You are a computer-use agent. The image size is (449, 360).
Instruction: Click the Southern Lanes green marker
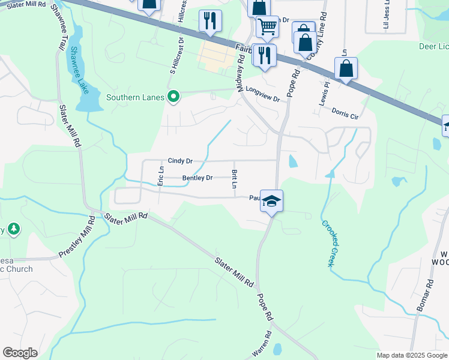(174, 97)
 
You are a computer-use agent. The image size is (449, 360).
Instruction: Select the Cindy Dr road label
(180, 161)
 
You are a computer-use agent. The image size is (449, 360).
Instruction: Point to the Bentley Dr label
(197, 178)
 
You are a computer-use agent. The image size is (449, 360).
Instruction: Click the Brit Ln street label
(234, 179)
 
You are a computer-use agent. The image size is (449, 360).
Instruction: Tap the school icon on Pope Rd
(271, 201)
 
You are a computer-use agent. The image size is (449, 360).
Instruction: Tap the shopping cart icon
(267, 26)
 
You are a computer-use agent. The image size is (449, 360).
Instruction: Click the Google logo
(20, 353)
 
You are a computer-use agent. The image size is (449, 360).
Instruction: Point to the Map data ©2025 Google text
(412, 355)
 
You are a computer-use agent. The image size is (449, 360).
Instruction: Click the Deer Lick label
(433, 46)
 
